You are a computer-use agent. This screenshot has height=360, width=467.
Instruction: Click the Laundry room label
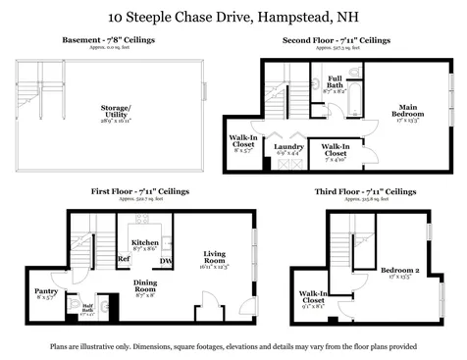(x=289, y=147)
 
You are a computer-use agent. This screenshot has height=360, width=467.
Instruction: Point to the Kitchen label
(x=145, y=241)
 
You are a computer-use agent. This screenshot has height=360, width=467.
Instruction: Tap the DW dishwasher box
(x=167, y=260)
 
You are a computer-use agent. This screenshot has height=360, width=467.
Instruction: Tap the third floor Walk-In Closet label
(x=314, y=297)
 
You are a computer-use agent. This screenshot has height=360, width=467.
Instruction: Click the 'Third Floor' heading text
(x=364, y=192)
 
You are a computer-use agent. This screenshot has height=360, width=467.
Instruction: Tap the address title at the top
(x=233, y=17)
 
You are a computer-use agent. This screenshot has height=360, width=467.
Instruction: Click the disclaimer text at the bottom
(x=233, y=345)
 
